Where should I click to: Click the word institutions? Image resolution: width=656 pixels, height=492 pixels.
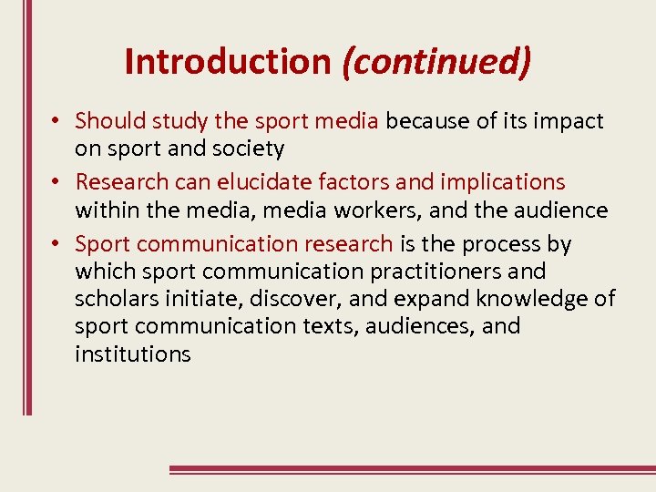pos(133,354)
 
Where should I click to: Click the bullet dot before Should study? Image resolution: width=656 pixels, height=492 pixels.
pos(56,121)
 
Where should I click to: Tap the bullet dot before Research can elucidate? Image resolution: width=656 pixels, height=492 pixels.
pos(56,183)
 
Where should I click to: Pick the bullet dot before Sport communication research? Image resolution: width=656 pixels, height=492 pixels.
pos(56,245)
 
